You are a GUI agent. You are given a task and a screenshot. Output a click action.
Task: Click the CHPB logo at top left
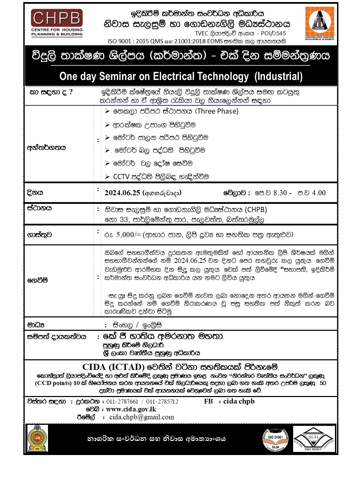point(57,23)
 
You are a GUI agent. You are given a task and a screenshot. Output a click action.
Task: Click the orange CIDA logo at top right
point(320,23)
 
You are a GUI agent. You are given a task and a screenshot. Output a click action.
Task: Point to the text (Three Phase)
point(217,111)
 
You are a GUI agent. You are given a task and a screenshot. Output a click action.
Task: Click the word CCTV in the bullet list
point(121,177)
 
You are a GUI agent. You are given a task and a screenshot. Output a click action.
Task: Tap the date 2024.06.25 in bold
point(122,193)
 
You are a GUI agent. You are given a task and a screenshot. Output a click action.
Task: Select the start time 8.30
point(280,193)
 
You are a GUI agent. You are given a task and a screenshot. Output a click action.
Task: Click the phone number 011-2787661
point(122,401)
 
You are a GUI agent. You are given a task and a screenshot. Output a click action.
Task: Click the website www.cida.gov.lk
point(131,409)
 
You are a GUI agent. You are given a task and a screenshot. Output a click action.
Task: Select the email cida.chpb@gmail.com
point(142,417)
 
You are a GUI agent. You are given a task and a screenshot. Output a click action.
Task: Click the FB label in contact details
point(208,401)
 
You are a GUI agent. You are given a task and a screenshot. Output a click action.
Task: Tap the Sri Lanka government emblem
point(38,438)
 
